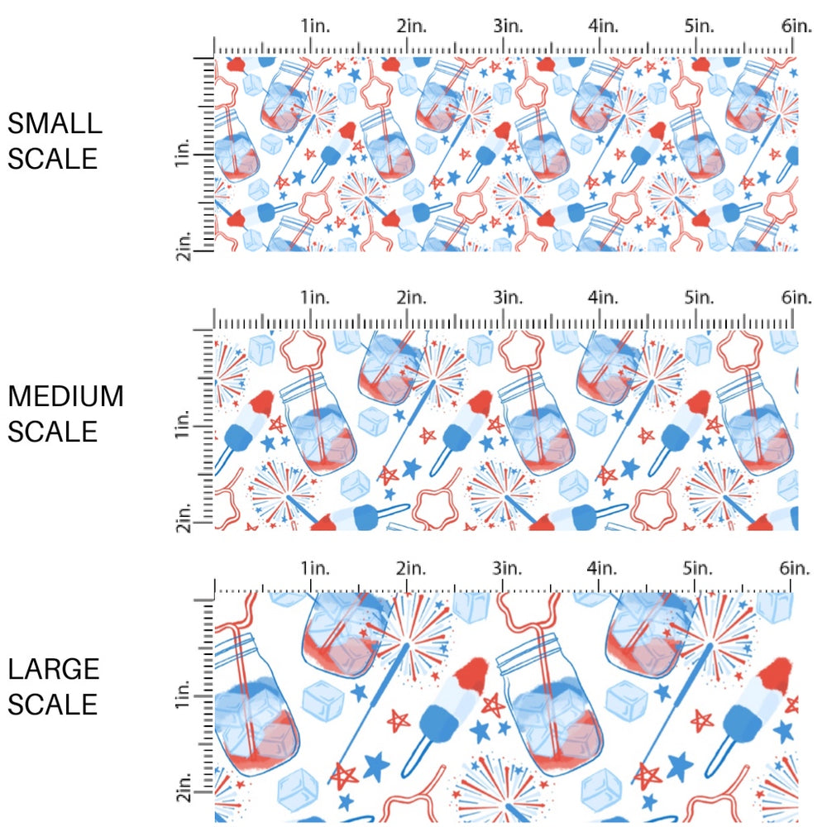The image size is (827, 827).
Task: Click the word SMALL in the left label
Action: click(x=55, y=124)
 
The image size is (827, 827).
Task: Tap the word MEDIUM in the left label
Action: click(x=66, y=397)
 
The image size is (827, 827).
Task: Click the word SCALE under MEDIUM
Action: click(x=53, y=431)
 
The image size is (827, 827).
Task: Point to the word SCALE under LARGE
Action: click(x=53, y=705)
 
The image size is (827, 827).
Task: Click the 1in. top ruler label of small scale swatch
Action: click(x=314, y=26)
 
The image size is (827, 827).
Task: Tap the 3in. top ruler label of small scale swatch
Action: click(x=507, y=26)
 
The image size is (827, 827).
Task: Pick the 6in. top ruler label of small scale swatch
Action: click(x=796, y=26)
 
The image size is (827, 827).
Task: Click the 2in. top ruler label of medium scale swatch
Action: click(x=411, y=298)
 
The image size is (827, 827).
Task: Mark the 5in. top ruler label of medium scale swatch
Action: click(x=700, y=298)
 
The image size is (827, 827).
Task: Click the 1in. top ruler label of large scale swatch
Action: click(x=314, y=568)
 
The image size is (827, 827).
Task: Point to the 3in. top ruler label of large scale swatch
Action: click(x=507, y=568)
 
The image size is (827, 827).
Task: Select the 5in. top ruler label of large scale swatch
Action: click(x=700, y=568)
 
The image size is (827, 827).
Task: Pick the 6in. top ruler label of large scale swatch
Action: click(x=796, y=568)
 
